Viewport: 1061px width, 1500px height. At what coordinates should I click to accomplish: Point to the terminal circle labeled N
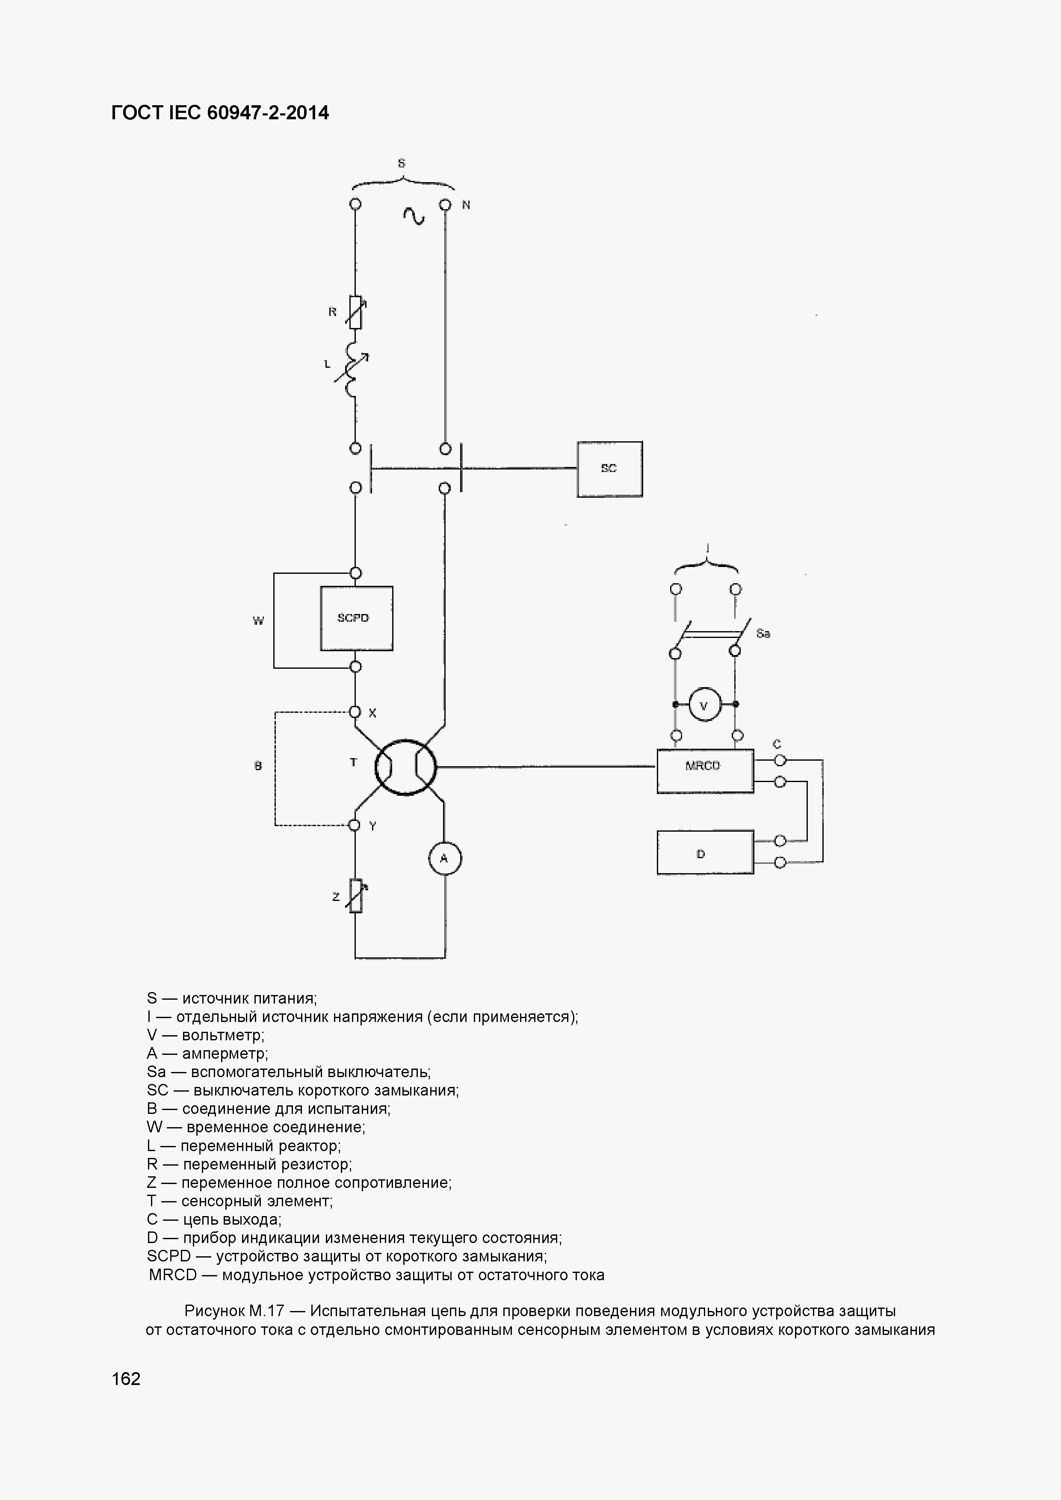point(445,204)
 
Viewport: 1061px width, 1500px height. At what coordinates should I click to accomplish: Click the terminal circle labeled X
point(355,712)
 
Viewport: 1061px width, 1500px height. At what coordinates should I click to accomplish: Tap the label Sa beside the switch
point(763,633)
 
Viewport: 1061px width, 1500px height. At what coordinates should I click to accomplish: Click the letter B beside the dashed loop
point(258,766)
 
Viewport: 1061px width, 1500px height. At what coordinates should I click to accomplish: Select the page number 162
point(126,1379)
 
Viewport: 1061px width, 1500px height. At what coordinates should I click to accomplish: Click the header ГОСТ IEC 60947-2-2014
point(220,113)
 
